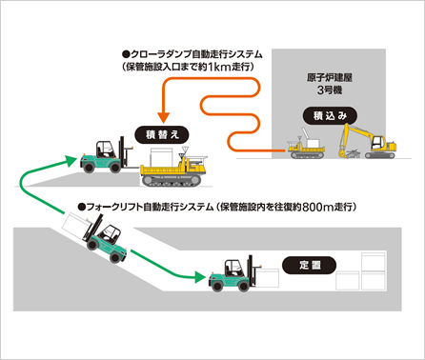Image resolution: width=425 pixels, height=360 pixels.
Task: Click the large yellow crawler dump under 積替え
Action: click(x=177, y=168)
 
